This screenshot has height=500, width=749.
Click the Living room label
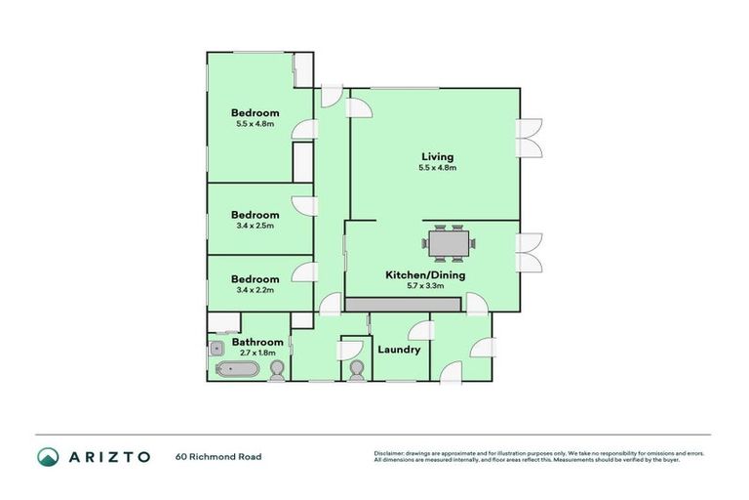[x=437, y=156]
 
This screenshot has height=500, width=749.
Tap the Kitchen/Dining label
[x=425, y=275]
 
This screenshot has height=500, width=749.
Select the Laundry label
[x=398, y=350]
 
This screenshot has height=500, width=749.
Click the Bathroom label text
[x=257, y=342]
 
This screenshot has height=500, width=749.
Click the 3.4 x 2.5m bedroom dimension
[x=255, y=226]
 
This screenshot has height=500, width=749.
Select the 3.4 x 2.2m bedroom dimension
[x=255, y=290]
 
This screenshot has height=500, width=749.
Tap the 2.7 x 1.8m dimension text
[x=256, y=353]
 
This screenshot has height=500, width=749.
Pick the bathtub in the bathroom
[x=237, y=370]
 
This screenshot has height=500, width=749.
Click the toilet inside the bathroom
[x=278, y=369]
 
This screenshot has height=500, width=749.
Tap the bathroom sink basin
[x=216, y=346]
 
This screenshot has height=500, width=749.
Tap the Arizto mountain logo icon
[x=48, y=456]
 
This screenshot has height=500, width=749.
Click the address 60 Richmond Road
[x=218, y=456]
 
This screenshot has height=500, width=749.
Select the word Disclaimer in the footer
[x=390, y=453]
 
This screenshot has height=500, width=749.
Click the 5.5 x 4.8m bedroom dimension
[x=255, y=124]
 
